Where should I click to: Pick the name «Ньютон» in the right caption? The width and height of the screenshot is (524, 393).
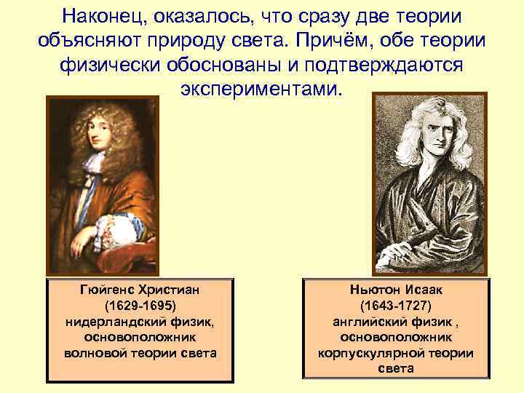(371, 290)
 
